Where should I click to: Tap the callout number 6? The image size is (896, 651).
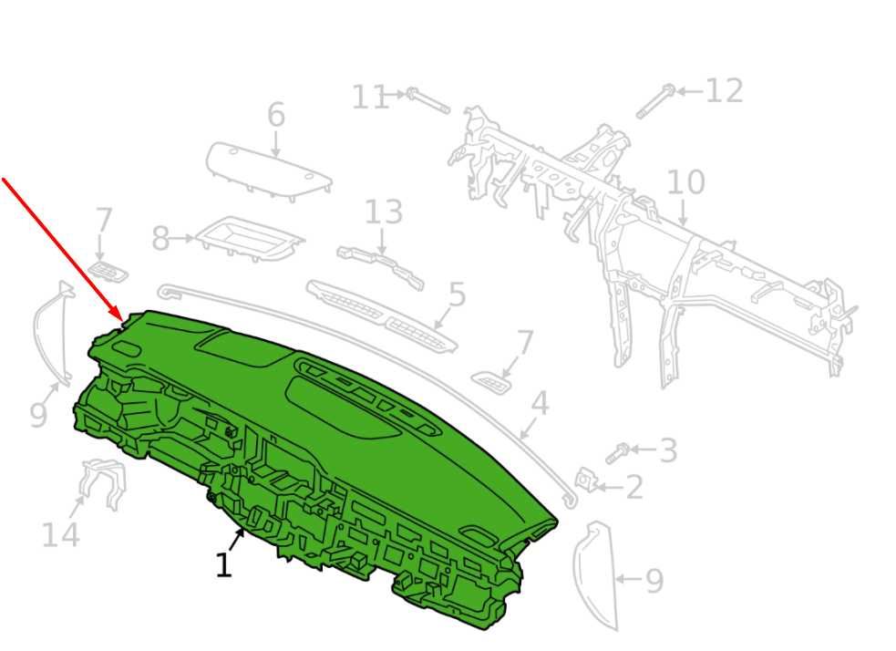point(276,115)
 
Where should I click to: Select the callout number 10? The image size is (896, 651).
point(685,182)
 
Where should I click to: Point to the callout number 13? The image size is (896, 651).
point(384,212)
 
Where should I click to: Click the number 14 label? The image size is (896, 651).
point(60,535)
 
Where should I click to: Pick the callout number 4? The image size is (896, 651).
point(540,404)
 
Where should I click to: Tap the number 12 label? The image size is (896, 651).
point(725,91)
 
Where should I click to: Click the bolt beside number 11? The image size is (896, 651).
point(428,101)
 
